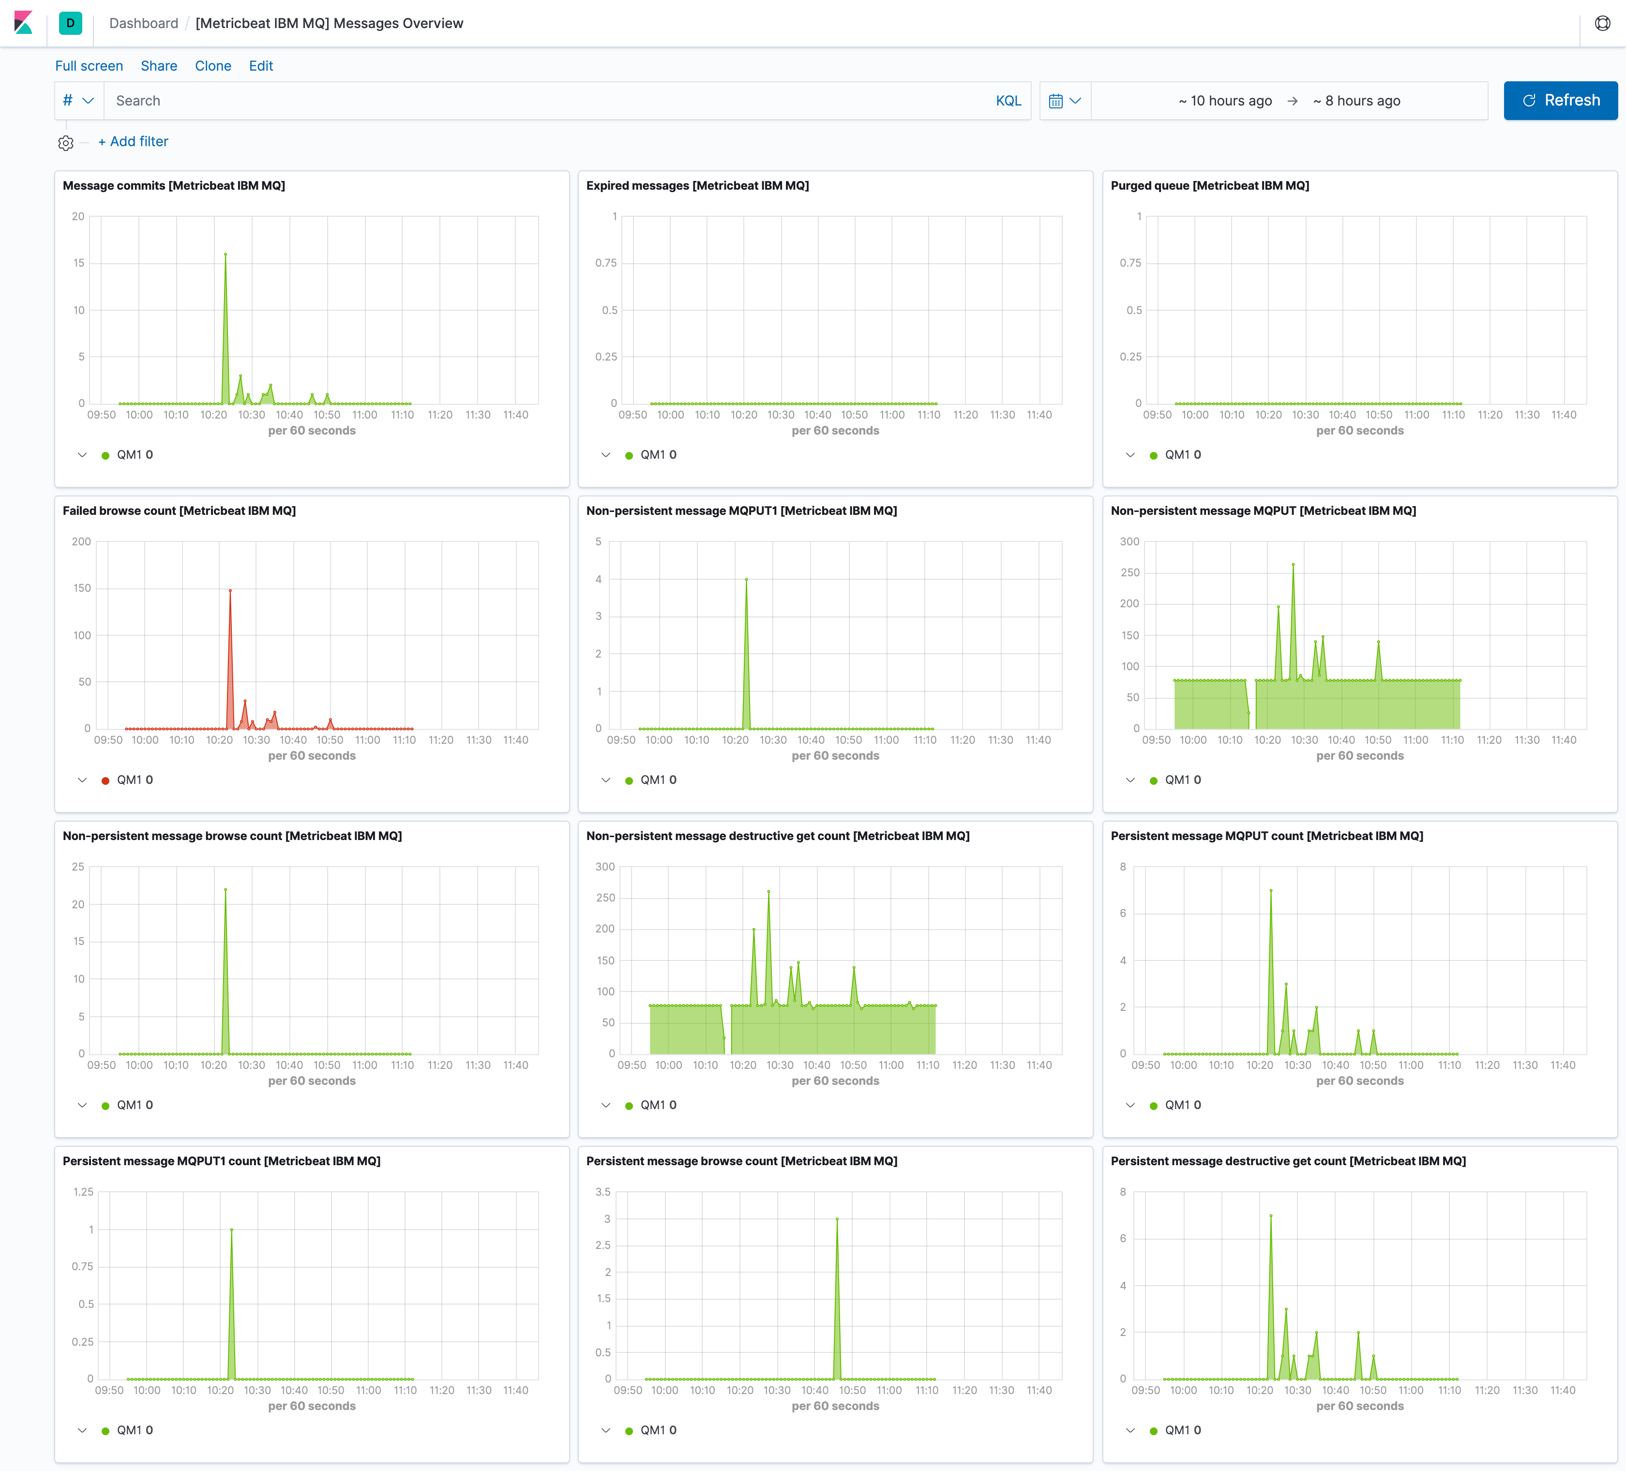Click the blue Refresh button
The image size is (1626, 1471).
click(1560, 101)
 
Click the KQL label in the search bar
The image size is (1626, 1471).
click(1008, 101)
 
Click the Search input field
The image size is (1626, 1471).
click(548, 101)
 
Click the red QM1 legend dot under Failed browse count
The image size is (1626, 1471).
click(105, 781)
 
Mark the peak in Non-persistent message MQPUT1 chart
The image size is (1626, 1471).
click(746, 579)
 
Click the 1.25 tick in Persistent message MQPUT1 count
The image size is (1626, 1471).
click(83, 1192)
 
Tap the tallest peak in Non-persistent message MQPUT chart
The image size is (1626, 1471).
click(1293, 565)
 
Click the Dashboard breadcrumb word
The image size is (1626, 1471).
click(144, 23)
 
